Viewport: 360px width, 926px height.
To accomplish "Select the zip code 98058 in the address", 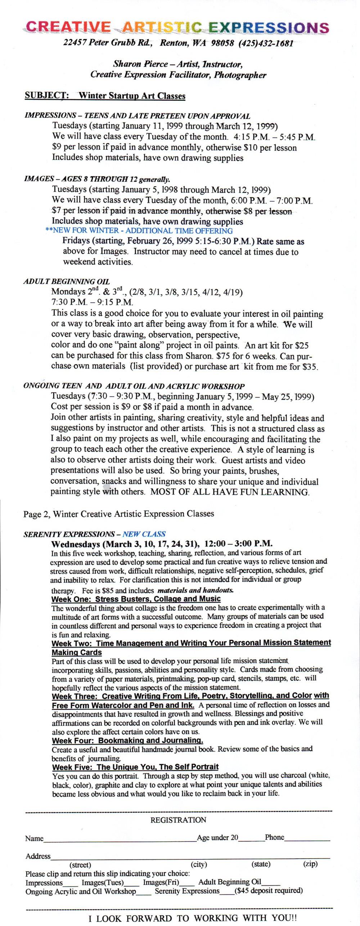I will (222, 43).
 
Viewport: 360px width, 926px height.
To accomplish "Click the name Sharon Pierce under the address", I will (140, 64).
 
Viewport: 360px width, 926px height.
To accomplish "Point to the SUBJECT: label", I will (46, 95).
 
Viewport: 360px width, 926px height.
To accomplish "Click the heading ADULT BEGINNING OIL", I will (67, 281).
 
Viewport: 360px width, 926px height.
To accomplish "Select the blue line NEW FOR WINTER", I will (139, 231).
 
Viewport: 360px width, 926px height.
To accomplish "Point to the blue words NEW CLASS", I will (144, 534).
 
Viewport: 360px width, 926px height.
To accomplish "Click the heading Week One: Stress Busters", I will (136, 599).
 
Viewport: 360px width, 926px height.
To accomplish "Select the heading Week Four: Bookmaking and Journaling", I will (127, 741).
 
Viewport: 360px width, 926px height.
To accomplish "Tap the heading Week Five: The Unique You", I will (135, 767).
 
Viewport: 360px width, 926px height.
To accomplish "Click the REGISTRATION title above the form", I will (178, 820).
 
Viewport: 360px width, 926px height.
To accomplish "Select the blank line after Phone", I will (307, 840).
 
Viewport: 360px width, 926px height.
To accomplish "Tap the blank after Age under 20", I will (251, 840).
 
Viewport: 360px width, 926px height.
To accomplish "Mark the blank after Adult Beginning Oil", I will (271, 884).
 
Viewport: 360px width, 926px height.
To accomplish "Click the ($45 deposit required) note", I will (269, 891).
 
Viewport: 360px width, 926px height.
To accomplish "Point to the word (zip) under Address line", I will (310, 864).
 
